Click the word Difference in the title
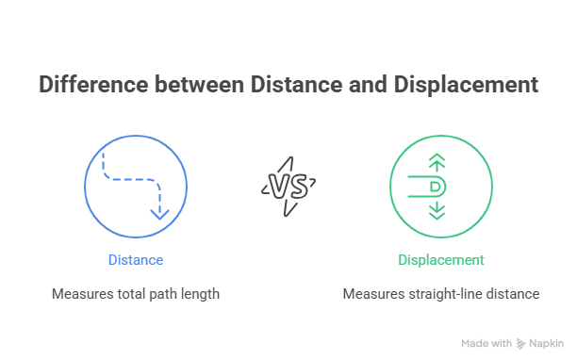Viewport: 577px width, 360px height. tap(94, 84)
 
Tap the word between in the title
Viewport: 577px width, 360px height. tap(199, 84)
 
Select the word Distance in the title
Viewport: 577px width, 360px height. tap(297, 84)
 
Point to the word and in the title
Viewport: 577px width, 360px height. tap(368, 84)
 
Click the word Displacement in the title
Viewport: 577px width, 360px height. tap(466, 85)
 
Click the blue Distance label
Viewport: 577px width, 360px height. tap(136, 260)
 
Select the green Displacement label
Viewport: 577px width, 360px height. tap(441, 260)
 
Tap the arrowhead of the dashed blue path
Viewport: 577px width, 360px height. tap(159, 214)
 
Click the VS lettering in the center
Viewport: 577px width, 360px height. tap(288, 187)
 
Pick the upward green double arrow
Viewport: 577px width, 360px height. tap(437, 162)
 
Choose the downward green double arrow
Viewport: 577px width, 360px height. tap(437, 210)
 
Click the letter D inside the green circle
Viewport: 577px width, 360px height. tap(435, 187)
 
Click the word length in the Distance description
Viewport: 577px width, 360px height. tap(200, 294)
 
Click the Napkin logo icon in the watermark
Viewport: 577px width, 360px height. tap(520, 343)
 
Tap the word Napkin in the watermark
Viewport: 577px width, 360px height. tap(547, 343)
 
